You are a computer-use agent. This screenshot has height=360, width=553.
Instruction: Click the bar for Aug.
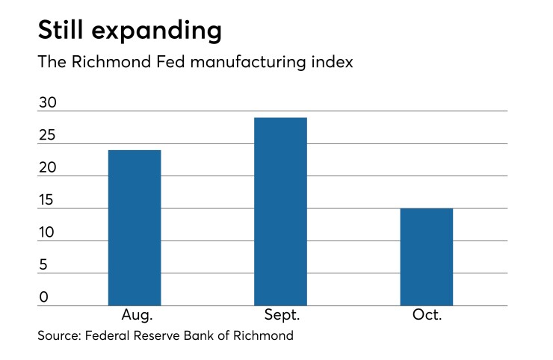(135, 228)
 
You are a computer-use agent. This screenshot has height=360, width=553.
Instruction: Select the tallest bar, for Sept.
(281, 211)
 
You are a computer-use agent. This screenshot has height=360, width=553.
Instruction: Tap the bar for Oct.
(427, 257)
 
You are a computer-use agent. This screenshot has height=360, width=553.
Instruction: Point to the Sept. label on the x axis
(281, 315)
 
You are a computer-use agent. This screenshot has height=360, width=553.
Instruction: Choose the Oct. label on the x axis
(427, 315)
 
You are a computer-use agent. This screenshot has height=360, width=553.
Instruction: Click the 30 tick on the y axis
(48, 103)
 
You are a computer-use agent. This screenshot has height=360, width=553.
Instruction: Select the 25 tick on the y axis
(48, 136)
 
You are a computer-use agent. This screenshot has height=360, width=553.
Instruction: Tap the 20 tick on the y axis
(48, 168)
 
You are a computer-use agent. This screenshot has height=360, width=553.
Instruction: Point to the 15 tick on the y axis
(48, 200)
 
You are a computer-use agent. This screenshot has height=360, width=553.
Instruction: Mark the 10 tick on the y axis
(48, 233)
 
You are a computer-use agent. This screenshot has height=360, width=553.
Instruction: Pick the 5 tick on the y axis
(43, 265)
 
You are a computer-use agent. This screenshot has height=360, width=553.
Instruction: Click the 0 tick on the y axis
(43, 297)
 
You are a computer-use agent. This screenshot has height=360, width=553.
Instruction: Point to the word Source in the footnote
(61, 336)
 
